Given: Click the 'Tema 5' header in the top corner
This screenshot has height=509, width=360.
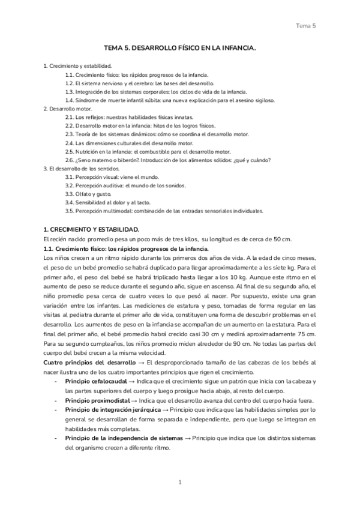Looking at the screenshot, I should pyautogui.click(x=306, y=25).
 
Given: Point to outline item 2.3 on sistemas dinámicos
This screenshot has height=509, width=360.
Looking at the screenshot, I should pyautogui.click(x=157, y=134).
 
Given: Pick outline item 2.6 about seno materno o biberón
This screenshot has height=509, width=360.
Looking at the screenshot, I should pyautogui.click(x=168, y=160).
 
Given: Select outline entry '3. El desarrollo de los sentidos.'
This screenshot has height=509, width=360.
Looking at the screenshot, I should pyautogui.click(x=81, y=169).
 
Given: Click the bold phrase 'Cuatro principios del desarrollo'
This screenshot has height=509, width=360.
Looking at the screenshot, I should pyautogui.click(x=90, y=363).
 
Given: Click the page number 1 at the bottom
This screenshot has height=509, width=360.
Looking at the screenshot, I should pyautogui.click(x=180, y=482).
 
